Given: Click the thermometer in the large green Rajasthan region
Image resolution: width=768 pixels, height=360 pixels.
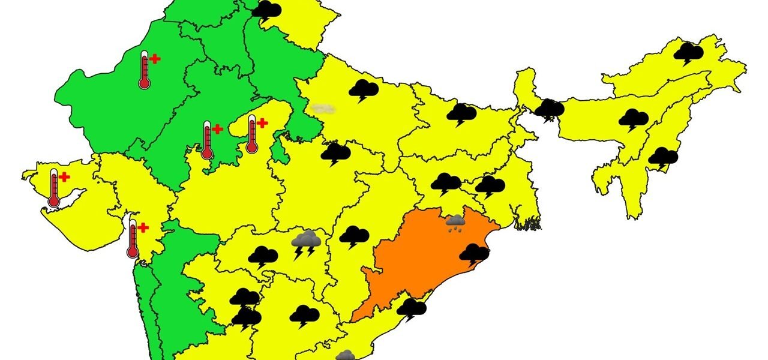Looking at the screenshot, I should click(x=144, y=70).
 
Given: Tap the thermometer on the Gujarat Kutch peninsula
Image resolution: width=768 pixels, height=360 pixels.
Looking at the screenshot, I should click(x=54, y=188).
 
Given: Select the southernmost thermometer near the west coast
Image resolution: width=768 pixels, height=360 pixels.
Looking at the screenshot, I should click(x=133, y=238).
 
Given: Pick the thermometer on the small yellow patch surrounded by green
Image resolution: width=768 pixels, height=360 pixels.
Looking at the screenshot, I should click(x=252, y=134).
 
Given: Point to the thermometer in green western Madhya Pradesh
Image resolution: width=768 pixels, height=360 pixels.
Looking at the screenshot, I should click(x=207, y=140).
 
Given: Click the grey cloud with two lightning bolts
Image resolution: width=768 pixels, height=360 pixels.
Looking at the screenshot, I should click(x=306, y=242).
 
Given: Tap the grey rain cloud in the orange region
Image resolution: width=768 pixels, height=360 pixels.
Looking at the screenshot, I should click(x=456, y=223).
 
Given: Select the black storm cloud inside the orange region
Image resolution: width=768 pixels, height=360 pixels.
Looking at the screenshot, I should click(x=475, y=254).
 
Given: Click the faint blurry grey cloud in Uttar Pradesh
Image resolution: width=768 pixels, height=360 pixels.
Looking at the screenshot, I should click(x=323, y=108).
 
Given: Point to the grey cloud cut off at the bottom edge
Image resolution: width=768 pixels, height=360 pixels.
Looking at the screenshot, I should click(x=346, y=355).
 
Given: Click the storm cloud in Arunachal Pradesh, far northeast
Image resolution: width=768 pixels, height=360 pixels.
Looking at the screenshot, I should click(x=688, y=53).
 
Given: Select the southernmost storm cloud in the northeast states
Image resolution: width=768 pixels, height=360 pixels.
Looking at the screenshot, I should click(x=663, y=157).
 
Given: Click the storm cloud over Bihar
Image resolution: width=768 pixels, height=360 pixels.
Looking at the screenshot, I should click(x=461, y=113).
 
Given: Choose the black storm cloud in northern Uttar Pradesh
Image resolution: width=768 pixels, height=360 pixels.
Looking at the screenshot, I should click(x=364, y=91).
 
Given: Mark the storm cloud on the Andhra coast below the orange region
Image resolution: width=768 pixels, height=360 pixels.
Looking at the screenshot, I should click(x=412, y=309).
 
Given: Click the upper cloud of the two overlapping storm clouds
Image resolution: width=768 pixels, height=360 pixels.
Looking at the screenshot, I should click(x=245, y=297).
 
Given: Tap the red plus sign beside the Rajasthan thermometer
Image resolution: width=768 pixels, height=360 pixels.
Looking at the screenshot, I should click(x=155, y=59).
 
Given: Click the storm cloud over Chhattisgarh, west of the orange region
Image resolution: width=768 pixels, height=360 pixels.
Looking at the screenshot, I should click(x=354, y=236).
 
